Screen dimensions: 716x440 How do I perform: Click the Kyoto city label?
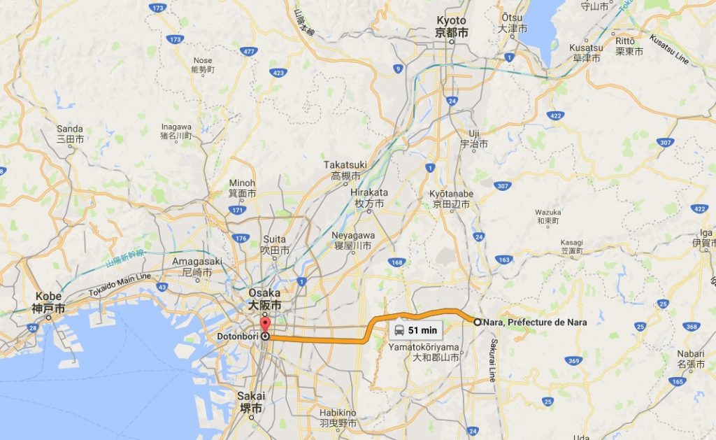click(452, 27)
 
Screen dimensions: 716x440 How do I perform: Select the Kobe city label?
click(48, 302)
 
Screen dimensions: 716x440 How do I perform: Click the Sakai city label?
click(250, 402)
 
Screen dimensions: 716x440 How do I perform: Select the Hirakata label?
click(368, 197)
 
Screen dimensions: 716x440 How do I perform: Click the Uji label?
click(475, 139)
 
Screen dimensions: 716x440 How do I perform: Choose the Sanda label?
click(70, 134)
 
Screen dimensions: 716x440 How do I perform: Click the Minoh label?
click(243, 188)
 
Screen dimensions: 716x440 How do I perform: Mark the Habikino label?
click(338, 418)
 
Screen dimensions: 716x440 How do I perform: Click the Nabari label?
click(689, 359)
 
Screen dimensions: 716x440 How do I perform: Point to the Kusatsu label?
click(585, 52)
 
